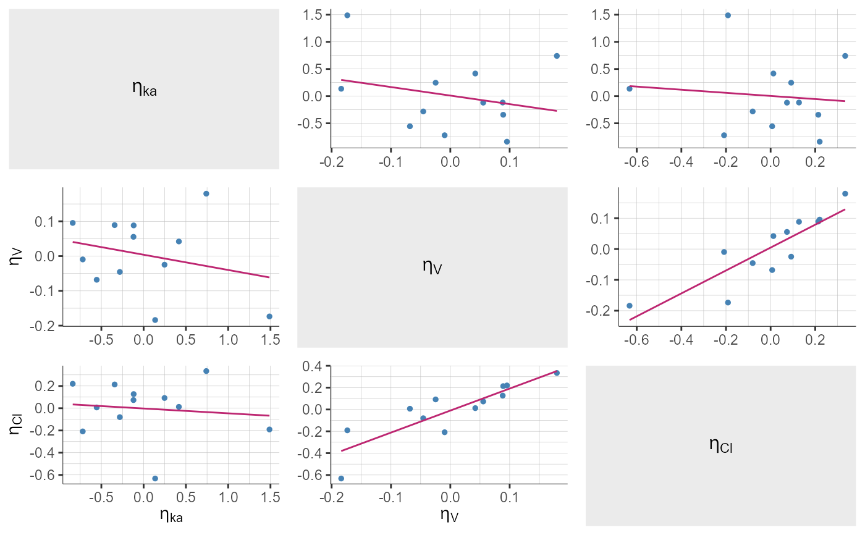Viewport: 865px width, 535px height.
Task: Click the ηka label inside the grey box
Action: point(145,88)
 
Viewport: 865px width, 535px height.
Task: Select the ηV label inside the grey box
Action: point(432,267)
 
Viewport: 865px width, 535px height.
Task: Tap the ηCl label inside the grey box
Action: point(720,445)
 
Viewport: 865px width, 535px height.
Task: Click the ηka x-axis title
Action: point(171,515)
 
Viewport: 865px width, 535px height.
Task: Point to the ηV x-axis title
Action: point(449,515)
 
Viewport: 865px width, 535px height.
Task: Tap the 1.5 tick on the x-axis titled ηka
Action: point(270,496)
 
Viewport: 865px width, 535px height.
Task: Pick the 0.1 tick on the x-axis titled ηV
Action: point(509,496)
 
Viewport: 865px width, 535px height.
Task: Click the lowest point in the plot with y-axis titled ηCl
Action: point(155,478)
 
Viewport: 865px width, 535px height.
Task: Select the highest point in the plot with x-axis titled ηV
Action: point(557,373)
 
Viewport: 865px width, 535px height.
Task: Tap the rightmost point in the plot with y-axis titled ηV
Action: point(269,316)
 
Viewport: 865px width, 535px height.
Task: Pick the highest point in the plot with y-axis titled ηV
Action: point(206,193)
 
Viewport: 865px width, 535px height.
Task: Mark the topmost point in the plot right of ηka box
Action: point(347,15)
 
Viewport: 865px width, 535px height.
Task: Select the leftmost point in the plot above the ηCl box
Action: point(630,305)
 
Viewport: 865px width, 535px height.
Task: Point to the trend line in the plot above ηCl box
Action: point(737,264)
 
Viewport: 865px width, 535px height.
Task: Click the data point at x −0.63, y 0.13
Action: point(630,88)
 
